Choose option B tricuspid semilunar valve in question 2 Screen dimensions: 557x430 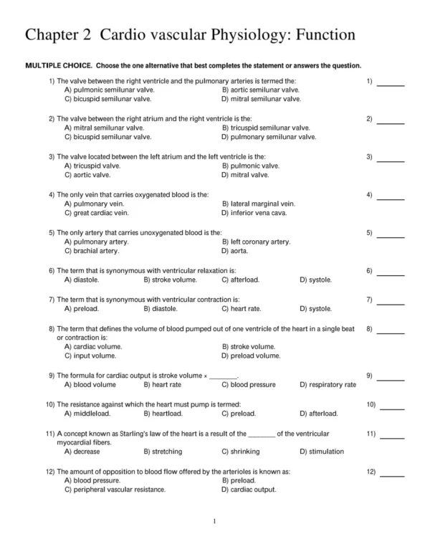pyautogui.click(x=266, y=128)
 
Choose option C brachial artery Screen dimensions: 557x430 pyautogui.click(x=92, y=252)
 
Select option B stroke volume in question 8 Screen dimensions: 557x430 pyautogui.click(x=251, y=347)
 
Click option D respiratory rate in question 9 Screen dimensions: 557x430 pyautogui.click(x=328, y=385)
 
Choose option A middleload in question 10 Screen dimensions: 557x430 pyautogui.click(x=87, y=414)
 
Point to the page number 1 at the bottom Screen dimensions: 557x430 pyautogui.click(x=215, y=521)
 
